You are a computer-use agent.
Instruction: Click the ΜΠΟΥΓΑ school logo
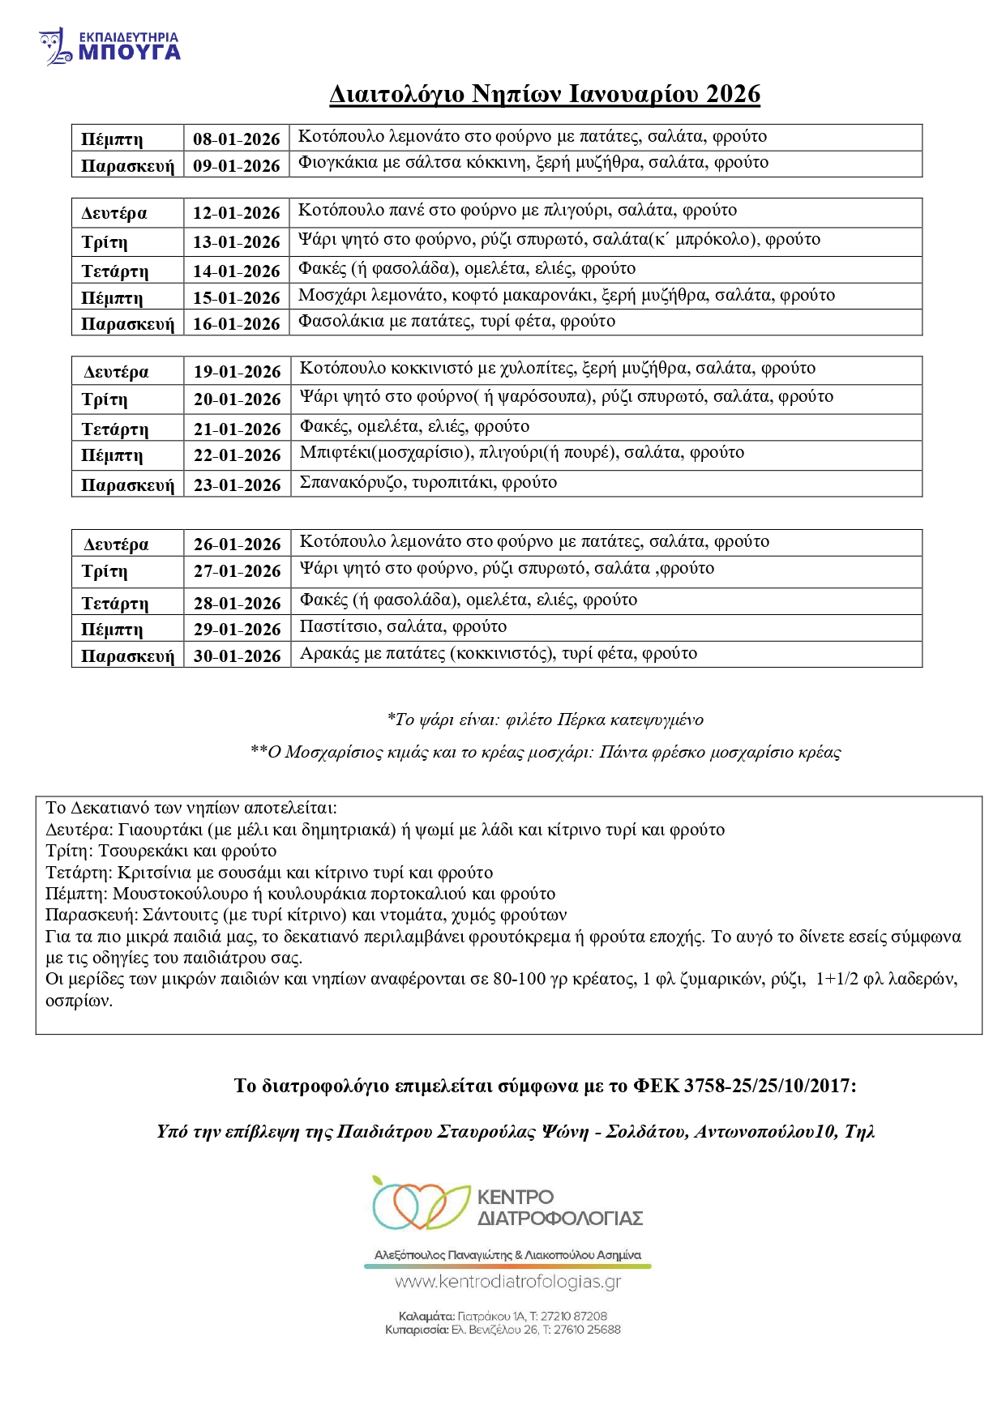[x=110, y=46]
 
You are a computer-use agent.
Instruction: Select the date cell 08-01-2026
[x=236, y=139]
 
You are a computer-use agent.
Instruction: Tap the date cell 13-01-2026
[x=236, y=241]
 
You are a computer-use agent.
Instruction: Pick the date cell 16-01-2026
[x=236, y=323]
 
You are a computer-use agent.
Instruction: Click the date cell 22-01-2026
[x=237, y=455]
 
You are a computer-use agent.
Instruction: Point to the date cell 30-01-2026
[x=237, y=655]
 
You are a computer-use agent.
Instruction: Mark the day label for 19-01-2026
[x=116, y=372]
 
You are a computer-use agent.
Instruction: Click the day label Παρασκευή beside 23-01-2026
[x=127, y=485]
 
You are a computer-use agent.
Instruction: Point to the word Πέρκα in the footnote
[x=580, y=720]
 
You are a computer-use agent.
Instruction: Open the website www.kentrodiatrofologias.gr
[x=507, y=1282]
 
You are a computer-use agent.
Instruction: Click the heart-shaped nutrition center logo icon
[x=419, y=1204]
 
